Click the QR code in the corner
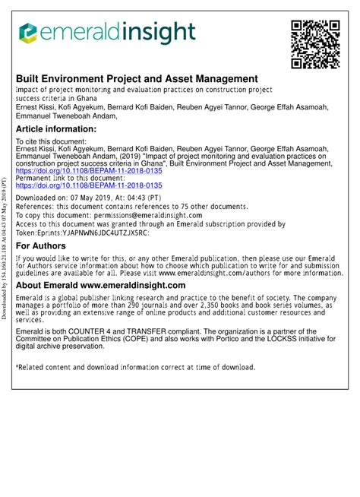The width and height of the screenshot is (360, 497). pos(314,43)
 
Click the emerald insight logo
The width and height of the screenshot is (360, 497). pos(107,33)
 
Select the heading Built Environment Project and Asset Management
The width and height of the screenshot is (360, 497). pos(137,78)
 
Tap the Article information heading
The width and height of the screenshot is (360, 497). pos(56,129)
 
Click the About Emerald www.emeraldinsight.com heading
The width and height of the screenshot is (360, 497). pos(100,285)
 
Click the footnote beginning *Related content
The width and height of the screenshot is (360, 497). pos(135,367)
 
